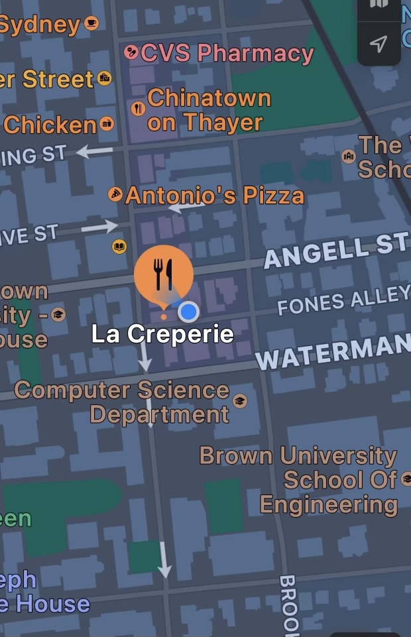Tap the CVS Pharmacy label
227,52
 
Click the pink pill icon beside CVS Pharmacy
131,52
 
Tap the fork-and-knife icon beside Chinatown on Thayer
138,108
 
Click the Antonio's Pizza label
215,196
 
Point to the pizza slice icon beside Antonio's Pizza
116,194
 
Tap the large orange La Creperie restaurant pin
164,272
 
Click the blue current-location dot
189,311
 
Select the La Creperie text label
162,333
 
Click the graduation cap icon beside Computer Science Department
240,401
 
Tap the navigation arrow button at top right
379,44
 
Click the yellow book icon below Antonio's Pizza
119,247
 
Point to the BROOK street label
288,605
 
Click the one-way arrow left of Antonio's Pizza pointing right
99,227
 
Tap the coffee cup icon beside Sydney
91,25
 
